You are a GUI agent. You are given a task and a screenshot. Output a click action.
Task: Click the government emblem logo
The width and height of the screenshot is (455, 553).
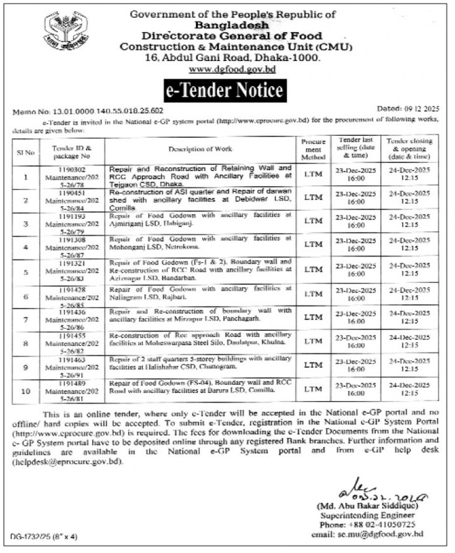click(65, 30)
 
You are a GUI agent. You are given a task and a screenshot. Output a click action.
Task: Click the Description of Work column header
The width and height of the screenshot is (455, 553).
click(200, 149)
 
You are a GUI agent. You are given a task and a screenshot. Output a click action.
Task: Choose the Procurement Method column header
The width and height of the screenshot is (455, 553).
click(313, 149)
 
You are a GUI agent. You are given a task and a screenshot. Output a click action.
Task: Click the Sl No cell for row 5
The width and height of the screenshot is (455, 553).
click(26, 270)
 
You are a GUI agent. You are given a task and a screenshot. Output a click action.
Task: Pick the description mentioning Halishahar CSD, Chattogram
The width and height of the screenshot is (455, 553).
click(200, 362)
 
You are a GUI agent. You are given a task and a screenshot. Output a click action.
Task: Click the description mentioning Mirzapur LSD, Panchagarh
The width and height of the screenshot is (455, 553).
click(200, 315)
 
